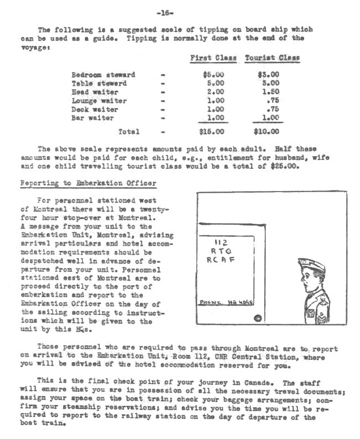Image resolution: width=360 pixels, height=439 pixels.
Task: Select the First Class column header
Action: pos(213,58)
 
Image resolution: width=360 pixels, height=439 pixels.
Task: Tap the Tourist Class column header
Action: pos(272,58)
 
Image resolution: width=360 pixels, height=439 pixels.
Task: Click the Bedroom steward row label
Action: pos(104,75)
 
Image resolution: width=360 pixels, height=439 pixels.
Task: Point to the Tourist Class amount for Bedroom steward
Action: pos(269,75)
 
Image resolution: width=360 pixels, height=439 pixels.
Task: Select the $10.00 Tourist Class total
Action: pos(266,132)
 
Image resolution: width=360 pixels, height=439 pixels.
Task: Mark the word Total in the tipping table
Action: pos(129,132)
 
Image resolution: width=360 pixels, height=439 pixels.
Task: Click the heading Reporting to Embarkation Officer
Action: pos(88,183)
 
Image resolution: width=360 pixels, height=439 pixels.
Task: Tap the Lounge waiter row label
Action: pos(99,101)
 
